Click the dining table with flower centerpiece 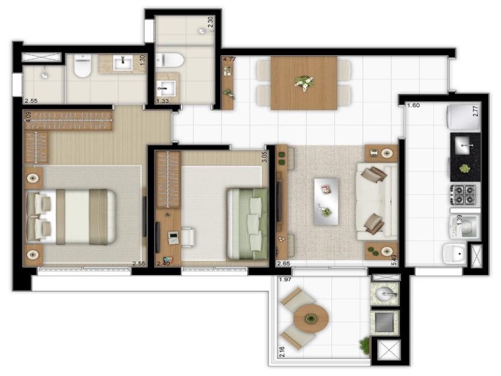click(304, 83)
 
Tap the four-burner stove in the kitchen click(464, 194)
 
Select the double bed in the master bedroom click(70, 216)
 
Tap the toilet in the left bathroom click(83, 66)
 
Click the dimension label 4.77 click(230, 61)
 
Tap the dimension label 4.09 click(28, 117)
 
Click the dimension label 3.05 click(265, 157)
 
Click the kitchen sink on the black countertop click(464, 145)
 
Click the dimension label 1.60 click(413, 105)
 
